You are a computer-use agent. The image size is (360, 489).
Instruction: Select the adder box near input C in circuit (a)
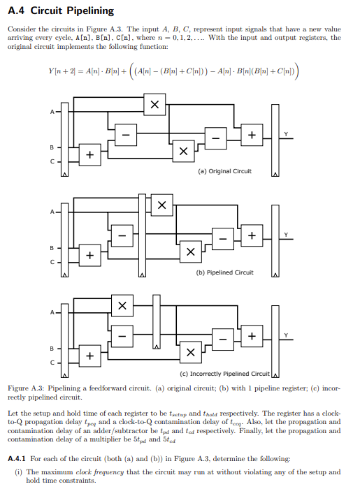click(x=89, y=154)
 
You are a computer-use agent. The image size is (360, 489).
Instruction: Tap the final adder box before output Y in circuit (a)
click(x=252, y=134)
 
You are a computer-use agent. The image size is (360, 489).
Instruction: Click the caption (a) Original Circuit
click(x=225, y=171)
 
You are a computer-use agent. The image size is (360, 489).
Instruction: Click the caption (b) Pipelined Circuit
click(x=225, y=272)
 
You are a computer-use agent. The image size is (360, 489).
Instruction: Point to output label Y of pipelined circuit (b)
click(x=285, y=233)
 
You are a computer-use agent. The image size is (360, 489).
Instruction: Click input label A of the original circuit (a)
click(x=51, y=111)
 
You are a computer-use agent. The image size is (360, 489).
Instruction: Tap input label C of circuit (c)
click(x=51, y=362)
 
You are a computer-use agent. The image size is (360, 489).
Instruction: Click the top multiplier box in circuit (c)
click(x=122, y=306)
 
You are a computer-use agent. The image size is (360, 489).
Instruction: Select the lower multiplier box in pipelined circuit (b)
click(x=189, y=252)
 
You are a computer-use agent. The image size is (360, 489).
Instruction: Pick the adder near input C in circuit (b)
click(x=89, y=256)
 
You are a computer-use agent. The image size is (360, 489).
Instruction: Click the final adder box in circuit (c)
click(x=252, y=336)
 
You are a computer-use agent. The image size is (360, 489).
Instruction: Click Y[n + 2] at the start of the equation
click(x=64, y=71)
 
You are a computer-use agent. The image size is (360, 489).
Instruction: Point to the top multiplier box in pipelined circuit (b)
click(x=162, y=205)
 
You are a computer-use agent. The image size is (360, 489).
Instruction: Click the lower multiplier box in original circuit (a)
click(x=183, y=150)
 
